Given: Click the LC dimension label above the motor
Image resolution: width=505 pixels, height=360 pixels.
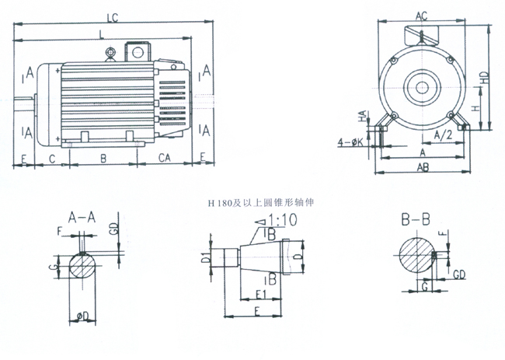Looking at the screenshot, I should coord(112,16).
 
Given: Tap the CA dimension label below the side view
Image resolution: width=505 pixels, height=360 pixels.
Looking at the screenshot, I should coord(165,157).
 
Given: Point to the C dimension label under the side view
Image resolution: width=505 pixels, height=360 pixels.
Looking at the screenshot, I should coord(51,157).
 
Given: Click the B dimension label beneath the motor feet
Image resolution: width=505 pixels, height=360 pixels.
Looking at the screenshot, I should coord(103,157).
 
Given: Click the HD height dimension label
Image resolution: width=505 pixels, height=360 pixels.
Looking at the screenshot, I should coord(484,78).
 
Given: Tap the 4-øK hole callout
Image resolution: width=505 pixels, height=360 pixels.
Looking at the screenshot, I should coord(350,142).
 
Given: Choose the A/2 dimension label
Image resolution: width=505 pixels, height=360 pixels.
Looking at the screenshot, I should coord(444,135).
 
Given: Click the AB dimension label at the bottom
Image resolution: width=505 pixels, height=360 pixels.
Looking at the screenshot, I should coord(423,167).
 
